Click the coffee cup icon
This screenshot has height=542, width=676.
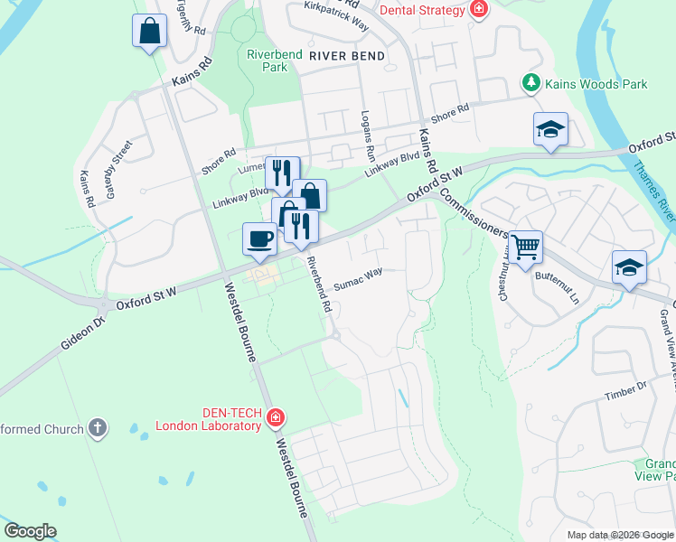(x=259, y=238)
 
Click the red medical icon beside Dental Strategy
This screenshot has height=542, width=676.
(x=478, y=11)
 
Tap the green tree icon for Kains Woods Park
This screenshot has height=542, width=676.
(x=531, y=84)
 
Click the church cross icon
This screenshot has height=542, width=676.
(x=98, y=429)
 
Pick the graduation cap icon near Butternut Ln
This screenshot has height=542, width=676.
(x=629, y=266)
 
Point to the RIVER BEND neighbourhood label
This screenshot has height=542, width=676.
(x=346, y=56)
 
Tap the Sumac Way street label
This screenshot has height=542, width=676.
(x=358, y=284)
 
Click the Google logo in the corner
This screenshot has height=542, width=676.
(x=31, y=531)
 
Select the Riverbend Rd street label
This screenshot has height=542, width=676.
(x=317, y=285)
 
